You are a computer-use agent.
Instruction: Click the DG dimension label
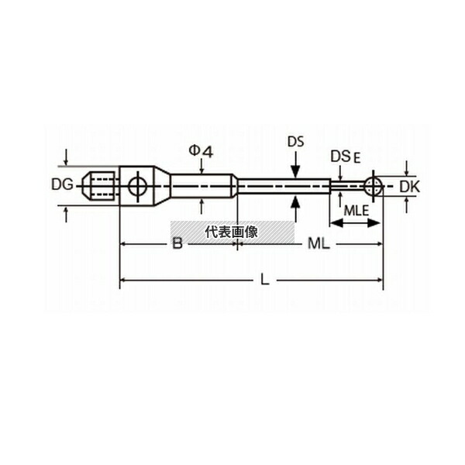pyautogui.click(x=62, y=184)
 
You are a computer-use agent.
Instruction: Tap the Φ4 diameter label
pyautogui.click(x=201, y=152)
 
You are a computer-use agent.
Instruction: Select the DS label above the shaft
pyautogui.click(x=296, y=142)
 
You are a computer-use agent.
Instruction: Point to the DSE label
pyautogui.click(x=346, y=157)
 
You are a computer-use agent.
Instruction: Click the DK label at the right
pyautogui.click(x=409, y=187)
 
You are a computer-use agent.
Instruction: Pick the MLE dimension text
pyautogui.click(x=356, y=211)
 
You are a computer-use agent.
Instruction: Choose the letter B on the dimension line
pyautogui.click(x=177, y=244)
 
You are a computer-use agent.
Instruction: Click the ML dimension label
pyautogui.click(x=319, y=244)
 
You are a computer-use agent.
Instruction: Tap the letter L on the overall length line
pyautogui.click(x=264, y=279)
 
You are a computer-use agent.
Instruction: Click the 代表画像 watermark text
pyautogui.click(x=232, y=232)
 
